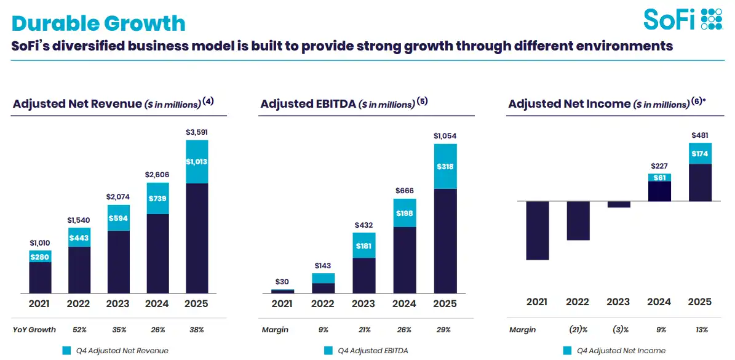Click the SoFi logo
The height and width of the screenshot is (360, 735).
coord(683,19)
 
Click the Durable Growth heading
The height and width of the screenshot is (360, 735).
coord(98,23)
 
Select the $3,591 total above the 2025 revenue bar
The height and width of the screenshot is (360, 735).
coord(197,132)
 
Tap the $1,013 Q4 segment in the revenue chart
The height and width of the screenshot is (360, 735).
coord(197,162)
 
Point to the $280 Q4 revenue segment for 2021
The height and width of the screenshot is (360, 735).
coord(41,256)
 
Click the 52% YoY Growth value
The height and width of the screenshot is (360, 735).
coord(80,330)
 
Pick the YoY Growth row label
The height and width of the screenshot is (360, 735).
coord(34,330)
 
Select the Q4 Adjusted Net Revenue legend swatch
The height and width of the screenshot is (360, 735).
coord(67,351)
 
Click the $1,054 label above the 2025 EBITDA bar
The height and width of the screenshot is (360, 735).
coord(445,136)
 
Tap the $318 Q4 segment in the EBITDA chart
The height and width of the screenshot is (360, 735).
coord(445,166)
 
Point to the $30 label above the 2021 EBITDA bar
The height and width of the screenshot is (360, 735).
coord(282,282)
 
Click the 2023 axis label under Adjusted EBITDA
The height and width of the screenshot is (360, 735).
coord(364,303)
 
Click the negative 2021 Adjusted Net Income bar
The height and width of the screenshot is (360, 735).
coord(537,230)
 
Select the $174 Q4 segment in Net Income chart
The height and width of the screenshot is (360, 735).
coord(700,153)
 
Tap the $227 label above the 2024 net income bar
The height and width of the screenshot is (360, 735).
coord(659,166)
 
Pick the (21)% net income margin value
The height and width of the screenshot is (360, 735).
coord(578,330)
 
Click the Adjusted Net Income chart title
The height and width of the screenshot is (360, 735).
coord(569,104)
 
